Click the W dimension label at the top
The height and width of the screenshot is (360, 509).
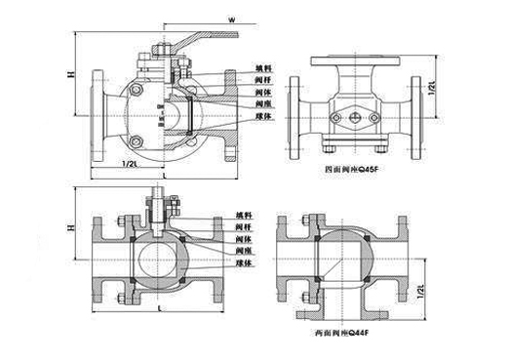[x=231, y=19]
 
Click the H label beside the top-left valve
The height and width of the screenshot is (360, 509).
[x=70, y=73]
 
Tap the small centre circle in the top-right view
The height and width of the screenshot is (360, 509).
[x=355, y=114]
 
